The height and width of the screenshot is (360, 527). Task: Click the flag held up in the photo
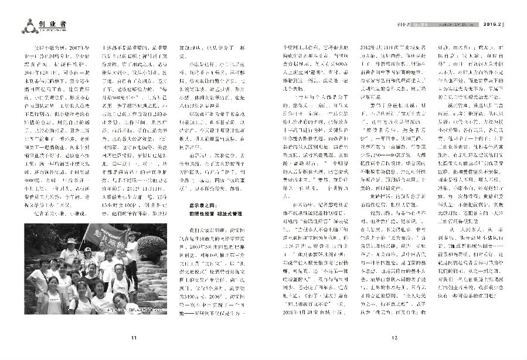point(108,240)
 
